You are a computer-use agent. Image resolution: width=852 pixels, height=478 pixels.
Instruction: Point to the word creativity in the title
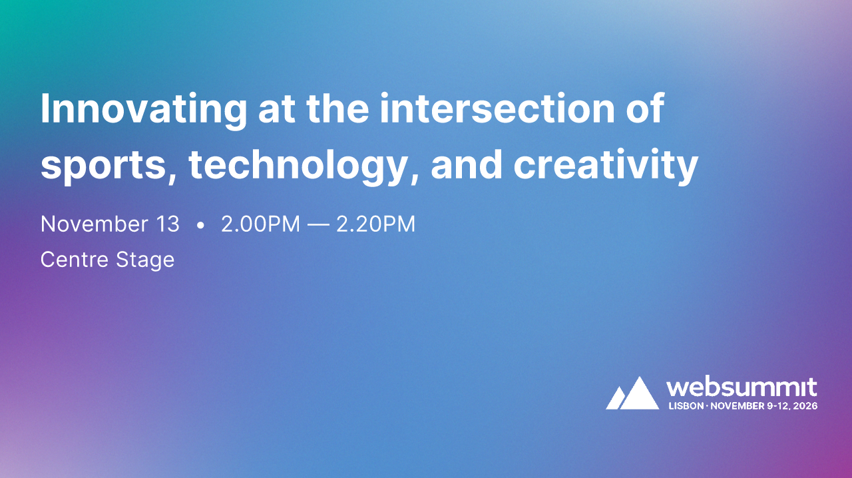pos(606,166)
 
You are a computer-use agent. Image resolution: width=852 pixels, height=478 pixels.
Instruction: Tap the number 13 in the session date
pos(167,224)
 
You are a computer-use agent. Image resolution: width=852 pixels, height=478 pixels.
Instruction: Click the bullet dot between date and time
pos(200,226)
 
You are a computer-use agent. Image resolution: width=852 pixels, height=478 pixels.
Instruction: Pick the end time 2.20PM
pos(376,224)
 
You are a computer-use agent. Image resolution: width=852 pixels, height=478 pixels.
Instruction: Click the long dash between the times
pos(318,225)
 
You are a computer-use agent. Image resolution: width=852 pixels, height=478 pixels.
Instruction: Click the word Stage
pos(145,260)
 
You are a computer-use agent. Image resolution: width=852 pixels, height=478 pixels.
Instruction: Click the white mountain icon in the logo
pos(632,393)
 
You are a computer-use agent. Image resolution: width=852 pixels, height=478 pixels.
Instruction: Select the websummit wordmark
pos(742,387)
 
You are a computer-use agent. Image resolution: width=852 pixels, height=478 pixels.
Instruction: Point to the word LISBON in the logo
pos(685,405)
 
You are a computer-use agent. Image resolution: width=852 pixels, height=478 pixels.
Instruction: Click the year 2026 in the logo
pos(805,405)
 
